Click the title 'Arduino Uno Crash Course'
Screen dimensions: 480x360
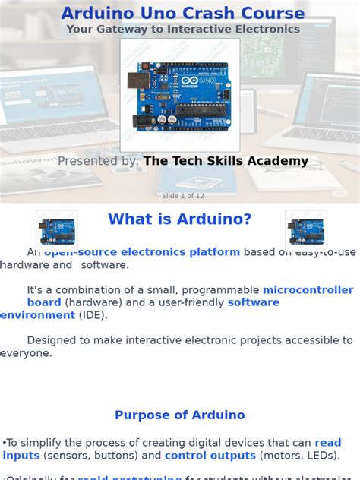tap(182, 13)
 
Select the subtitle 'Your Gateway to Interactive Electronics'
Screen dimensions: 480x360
tap(182, 30)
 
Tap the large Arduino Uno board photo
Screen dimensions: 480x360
tap(180, 95)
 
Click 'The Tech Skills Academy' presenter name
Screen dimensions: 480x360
tap(226, 161)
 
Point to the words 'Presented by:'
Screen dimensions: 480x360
tap(98, 161)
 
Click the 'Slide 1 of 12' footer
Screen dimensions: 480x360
tap(182, 196)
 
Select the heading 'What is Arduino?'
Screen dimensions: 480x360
tap(179, 219)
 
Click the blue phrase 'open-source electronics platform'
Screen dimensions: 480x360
tap(142, 252)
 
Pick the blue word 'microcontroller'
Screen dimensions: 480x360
tap(308, 290)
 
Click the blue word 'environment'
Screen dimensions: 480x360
tap(37, 315)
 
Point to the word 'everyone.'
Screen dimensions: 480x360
tap(26, 353)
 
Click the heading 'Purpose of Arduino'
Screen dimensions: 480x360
tap(179, 415)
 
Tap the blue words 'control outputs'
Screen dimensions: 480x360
tap(210, 456)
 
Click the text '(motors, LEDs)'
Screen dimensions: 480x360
tap(296, 456)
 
